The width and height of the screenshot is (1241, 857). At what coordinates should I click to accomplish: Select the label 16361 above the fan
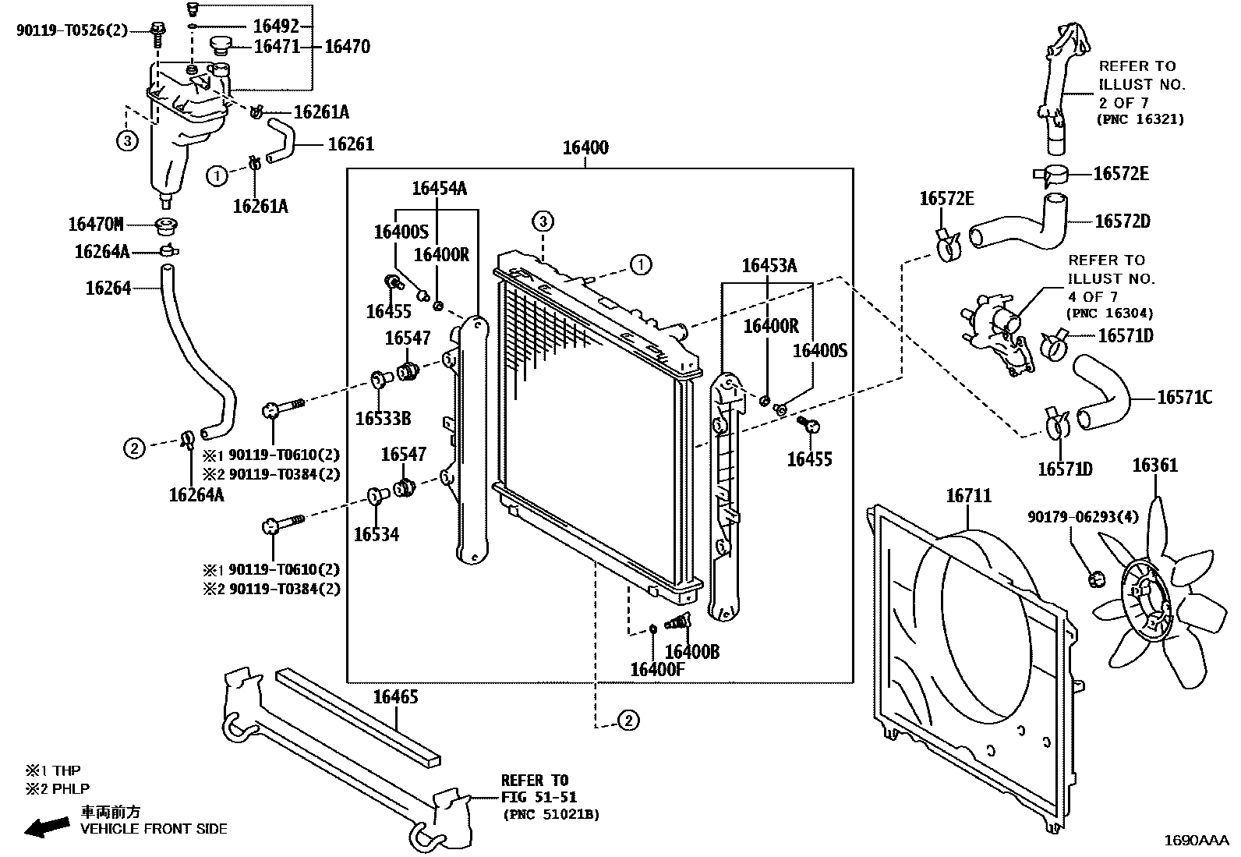(x=1154, y=466)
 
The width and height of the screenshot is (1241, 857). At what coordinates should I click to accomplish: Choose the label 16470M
(x=96, y=225)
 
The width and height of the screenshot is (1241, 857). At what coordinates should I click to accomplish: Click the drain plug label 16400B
(x=691, y=652)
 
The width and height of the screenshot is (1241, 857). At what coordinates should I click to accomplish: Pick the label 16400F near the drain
(x=656, y=669)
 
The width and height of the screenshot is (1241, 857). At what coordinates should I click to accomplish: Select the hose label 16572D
(x=1122, y=221)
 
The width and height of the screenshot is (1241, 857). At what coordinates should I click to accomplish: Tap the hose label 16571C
(x=1184, y=398)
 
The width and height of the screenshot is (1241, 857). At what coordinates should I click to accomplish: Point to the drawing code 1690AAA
(x=1196, y=841)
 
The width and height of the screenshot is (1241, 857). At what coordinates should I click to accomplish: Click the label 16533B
(x=383, y=419)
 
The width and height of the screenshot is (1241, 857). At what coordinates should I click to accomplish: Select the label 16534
(x=376, y=534)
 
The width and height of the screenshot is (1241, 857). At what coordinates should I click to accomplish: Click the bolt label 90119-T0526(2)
(x=72, y=30)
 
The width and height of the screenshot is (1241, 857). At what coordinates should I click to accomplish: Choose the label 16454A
(x=439, y=188)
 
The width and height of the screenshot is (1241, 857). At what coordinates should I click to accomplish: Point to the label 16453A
(x=769, y=266)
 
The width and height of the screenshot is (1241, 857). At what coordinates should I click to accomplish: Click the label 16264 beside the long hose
(x=108, y=289)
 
